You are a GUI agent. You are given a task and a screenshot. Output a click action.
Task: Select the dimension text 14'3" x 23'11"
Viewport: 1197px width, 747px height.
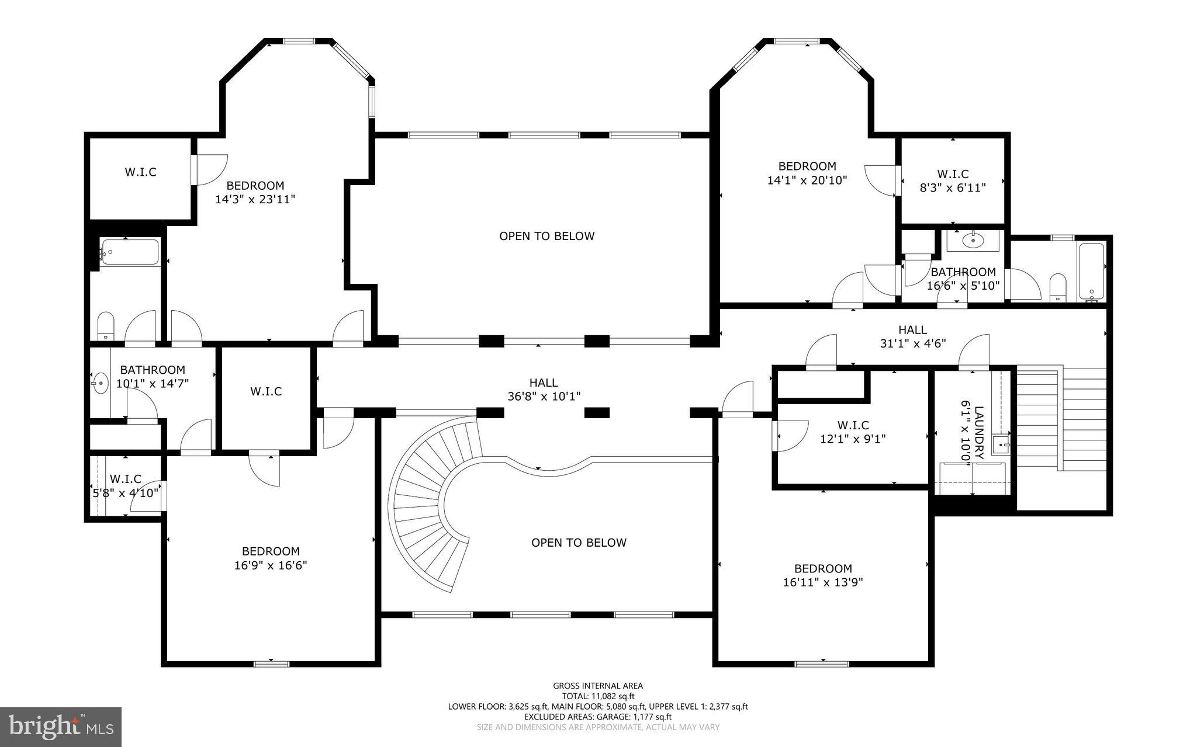[x=255, y=199]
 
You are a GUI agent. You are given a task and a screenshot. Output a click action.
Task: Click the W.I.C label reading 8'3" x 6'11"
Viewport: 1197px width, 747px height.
[x=953, y=181]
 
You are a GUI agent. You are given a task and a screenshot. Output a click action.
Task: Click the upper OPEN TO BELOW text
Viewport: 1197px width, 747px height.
[x=546, y=236]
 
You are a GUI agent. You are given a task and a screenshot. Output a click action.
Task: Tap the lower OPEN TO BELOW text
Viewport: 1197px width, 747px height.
[x=579, y=543]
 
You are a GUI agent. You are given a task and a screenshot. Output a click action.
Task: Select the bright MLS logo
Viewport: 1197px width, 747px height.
[x=61, y=727]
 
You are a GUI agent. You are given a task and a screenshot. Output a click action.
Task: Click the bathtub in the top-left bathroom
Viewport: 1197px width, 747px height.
[x=130, y=253]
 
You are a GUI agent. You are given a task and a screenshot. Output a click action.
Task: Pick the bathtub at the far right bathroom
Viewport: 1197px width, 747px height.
[x=1091, y=270]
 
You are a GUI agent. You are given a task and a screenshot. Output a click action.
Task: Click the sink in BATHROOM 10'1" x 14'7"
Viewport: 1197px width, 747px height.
[x=100, y=384]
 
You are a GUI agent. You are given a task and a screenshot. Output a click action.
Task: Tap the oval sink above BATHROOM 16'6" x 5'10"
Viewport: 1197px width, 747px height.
[x=973, y=239]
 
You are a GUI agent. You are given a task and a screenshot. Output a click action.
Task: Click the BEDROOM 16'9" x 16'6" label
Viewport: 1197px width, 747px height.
[x=271, y=558]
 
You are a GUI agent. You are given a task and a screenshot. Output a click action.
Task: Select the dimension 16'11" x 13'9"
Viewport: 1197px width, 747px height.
[x=823, y=582]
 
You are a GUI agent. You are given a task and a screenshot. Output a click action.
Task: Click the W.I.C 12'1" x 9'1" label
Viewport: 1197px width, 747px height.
[x=853, y=432]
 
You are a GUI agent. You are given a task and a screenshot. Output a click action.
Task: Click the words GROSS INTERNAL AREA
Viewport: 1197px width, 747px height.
[x=598, y=686]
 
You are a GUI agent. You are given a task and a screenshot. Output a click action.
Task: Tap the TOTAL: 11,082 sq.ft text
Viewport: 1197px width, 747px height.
[x=598, y=696]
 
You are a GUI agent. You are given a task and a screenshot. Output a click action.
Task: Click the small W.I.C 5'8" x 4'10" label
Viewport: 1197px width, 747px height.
[x=126, y=486]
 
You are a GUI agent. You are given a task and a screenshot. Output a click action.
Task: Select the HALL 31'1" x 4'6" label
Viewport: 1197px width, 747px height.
[x=912, y=337]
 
